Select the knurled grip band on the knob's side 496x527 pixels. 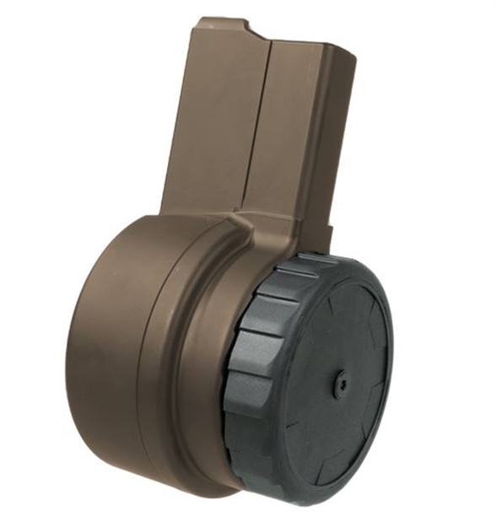pos(253,379)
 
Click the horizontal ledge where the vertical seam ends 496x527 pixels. pos(245,221)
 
